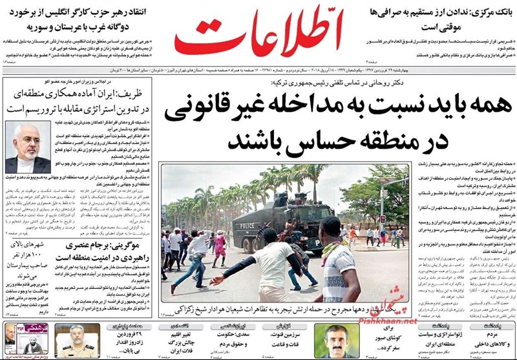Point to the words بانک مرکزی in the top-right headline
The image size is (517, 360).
tap(484, 13)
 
